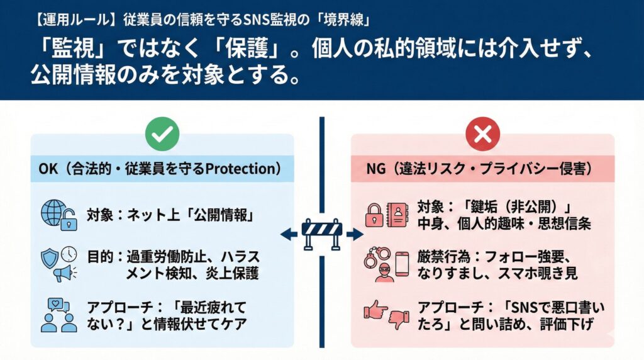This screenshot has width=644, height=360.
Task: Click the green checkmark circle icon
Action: [162, 133]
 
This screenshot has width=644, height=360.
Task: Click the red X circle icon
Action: [482, 133]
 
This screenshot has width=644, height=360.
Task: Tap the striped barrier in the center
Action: [321, 233]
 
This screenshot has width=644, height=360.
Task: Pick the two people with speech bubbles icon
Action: [58, 315]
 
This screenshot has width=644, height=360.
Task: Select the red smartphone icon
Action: [402, 264]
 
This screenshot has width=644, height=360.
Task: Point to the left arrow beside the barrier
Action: [289, 234]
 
